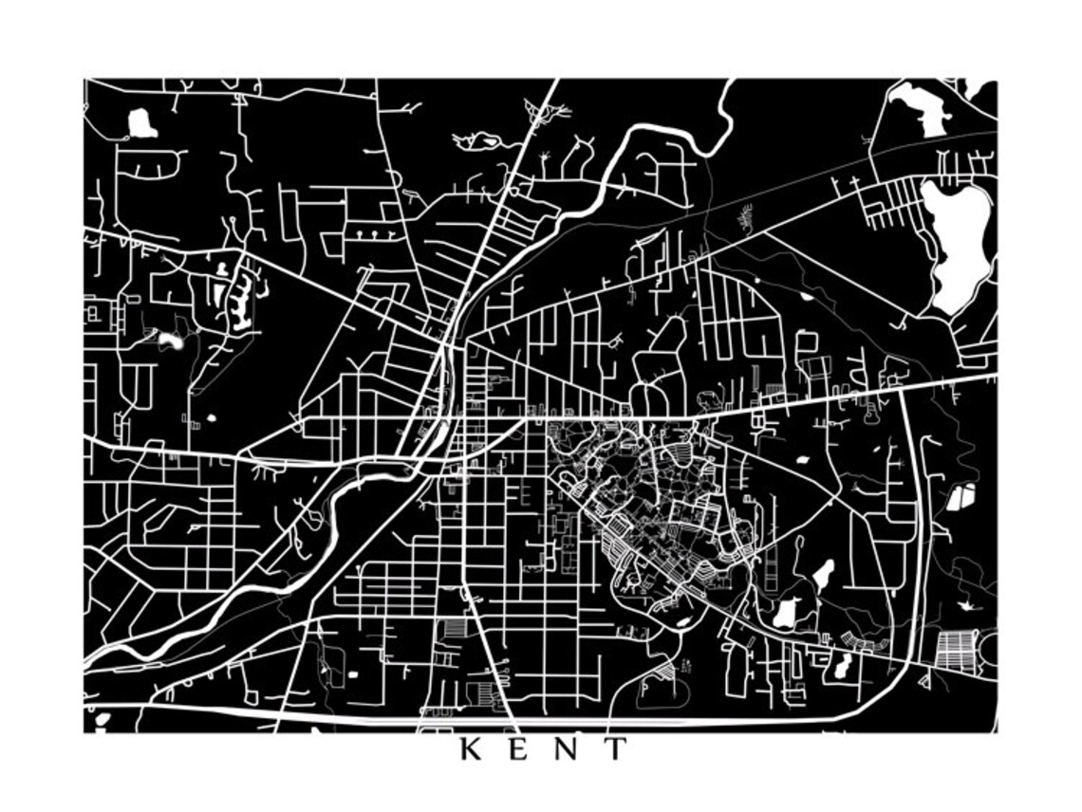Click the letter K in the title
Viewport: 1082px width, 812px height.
coord(471,749)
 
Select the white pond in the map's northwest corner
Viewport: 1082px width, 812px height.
coord(141,122)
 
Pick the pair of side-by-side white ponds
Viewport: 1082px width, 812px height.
coord(961,497)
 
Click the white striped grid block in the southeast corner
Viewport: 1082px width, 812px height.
coord(955,651)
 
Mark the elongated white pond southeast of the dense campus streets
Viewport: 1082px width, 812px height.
coord(822,573)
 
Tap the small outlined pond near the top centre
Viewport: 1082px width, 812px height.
coord(477,141)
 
